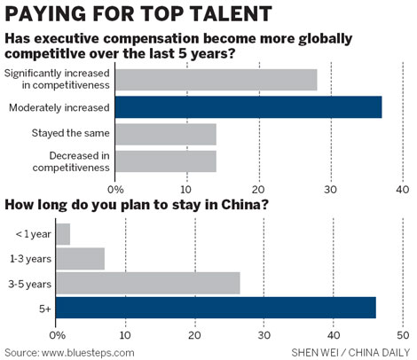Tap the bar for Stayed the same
pos(165,134)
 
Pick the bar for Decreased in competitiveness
pos(165,161)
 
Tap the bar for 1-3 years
pos(80,259)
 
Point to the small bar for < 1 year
pos(63,234)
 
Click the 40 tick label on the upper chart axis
pos(402,188)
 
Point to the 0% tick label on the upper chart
pos(115,188)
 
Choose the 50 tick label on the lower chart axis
pos(402,334)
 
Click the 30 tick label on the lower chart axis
pos(264,334)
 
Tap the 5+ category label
pos(43,309)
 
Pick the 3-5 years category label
pos(31,285)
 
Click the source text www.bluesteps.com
pos(69,351)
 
